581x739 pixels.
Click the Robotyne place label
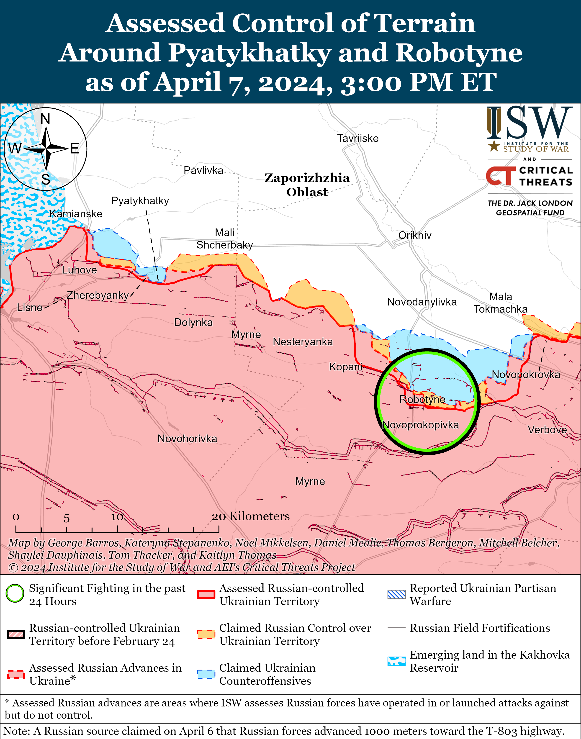pyautogui.click(x=422, y=399)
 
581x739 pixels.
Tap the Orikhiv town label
pyautogui.click(x=415, y=235)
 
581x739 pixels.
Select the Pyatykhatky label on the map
pyautogui.click(x=140, y=201)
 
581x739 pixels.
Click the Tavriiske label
pyautogui.click(x=357, y=139)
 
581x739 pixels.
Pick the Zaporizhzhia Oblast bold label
pyautogui.click(x=307, y=185)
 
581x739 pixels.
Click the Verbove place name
pyautogui.click(x=547, y=430)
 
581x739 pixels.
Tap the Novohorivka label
pyautogui.click(x=187, y=439)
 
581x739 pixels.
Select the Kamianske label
pyautogui.click(x=76, y=214)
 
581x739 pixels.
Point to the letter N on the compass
pyautogui.click(x=45, y=119)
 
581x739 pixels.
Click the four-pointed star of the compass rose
pyautogui.click(x=46, y=149)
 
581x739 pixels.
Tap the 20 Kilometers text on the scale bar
pyautogui.click(x=251, y=516)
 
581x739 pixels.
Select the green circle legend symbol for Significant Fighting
pyautogui.click(x=15, y=593)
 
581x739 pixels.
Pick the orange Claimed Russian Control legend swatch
pyautogui.click(x=206, y=634)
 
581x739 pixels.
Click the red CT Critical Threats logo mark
pyautogui.click(x=500, y=176)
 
